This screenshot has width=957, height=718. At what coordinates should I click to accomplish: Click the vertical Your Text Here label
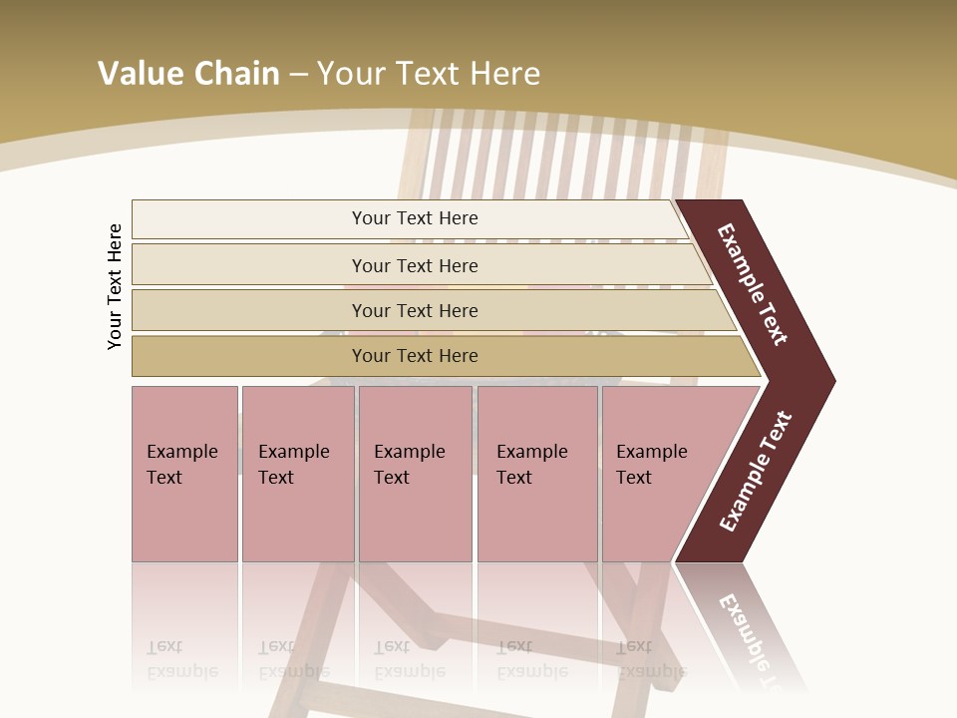click(115, 286)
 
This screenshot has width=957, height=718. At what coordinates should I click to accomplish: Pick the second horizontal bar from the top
click(414, 265)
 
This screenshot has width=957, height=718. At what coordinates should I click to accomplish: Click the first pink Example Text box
click(184, 473)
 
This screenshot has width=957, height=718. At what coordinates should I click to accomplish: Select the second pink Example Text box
click(297, 473)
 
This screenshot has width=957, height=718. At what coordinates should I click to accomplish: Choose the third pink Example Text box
click(415, 473)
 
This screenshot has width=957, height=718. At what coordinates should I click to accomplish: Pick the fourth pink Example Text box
click(537, 473)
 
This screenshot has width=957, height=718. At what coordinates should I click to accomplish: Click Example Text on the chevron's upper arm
click(753, 284)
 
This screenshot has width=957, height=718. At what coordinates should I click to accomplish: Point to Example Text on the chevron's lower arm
click(756, 471)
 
